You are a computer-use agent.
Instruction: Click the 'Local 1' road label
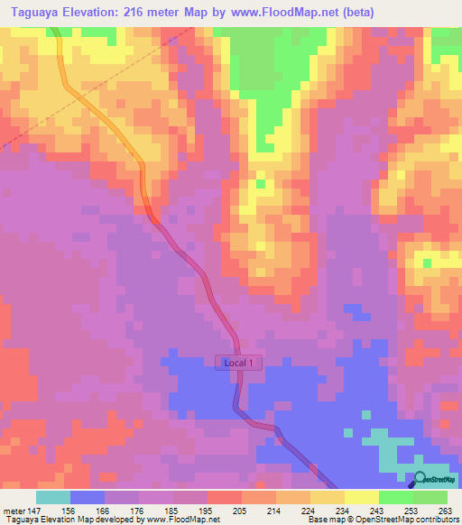click(x=240, y=363)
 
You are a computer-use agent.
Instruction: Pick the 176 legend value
click(x=139, y=511)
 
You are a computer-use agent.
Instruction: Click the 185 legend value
click(x=173, y=511)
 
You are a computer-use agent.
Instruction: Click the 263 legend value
click(x=445, y=511)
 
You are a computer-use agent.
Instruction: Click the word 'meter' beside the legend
click(x=14, y=511)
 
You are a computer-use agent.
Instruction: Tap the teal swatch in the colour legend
click(x=53, y=497)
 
